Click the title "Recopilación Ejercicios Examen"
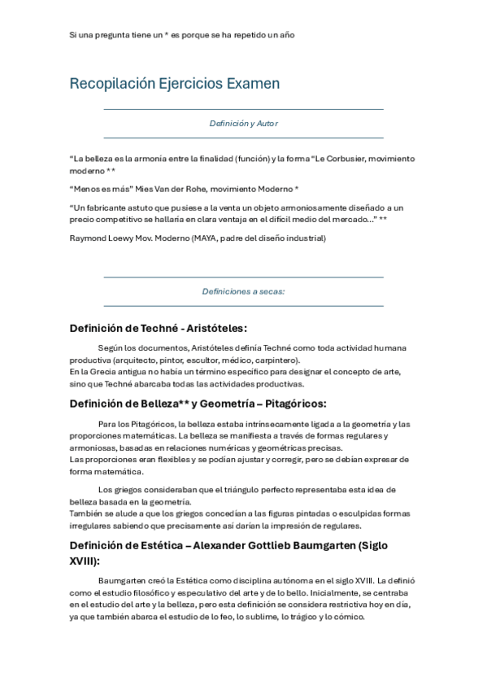pos(175,83)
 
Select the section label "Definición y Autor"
pos(243,124)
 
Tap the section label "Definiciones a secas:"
pos(243,291)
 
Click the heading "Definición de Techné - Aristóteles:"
pos(159,329)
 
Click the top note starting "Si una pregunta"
pos(181,35)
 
